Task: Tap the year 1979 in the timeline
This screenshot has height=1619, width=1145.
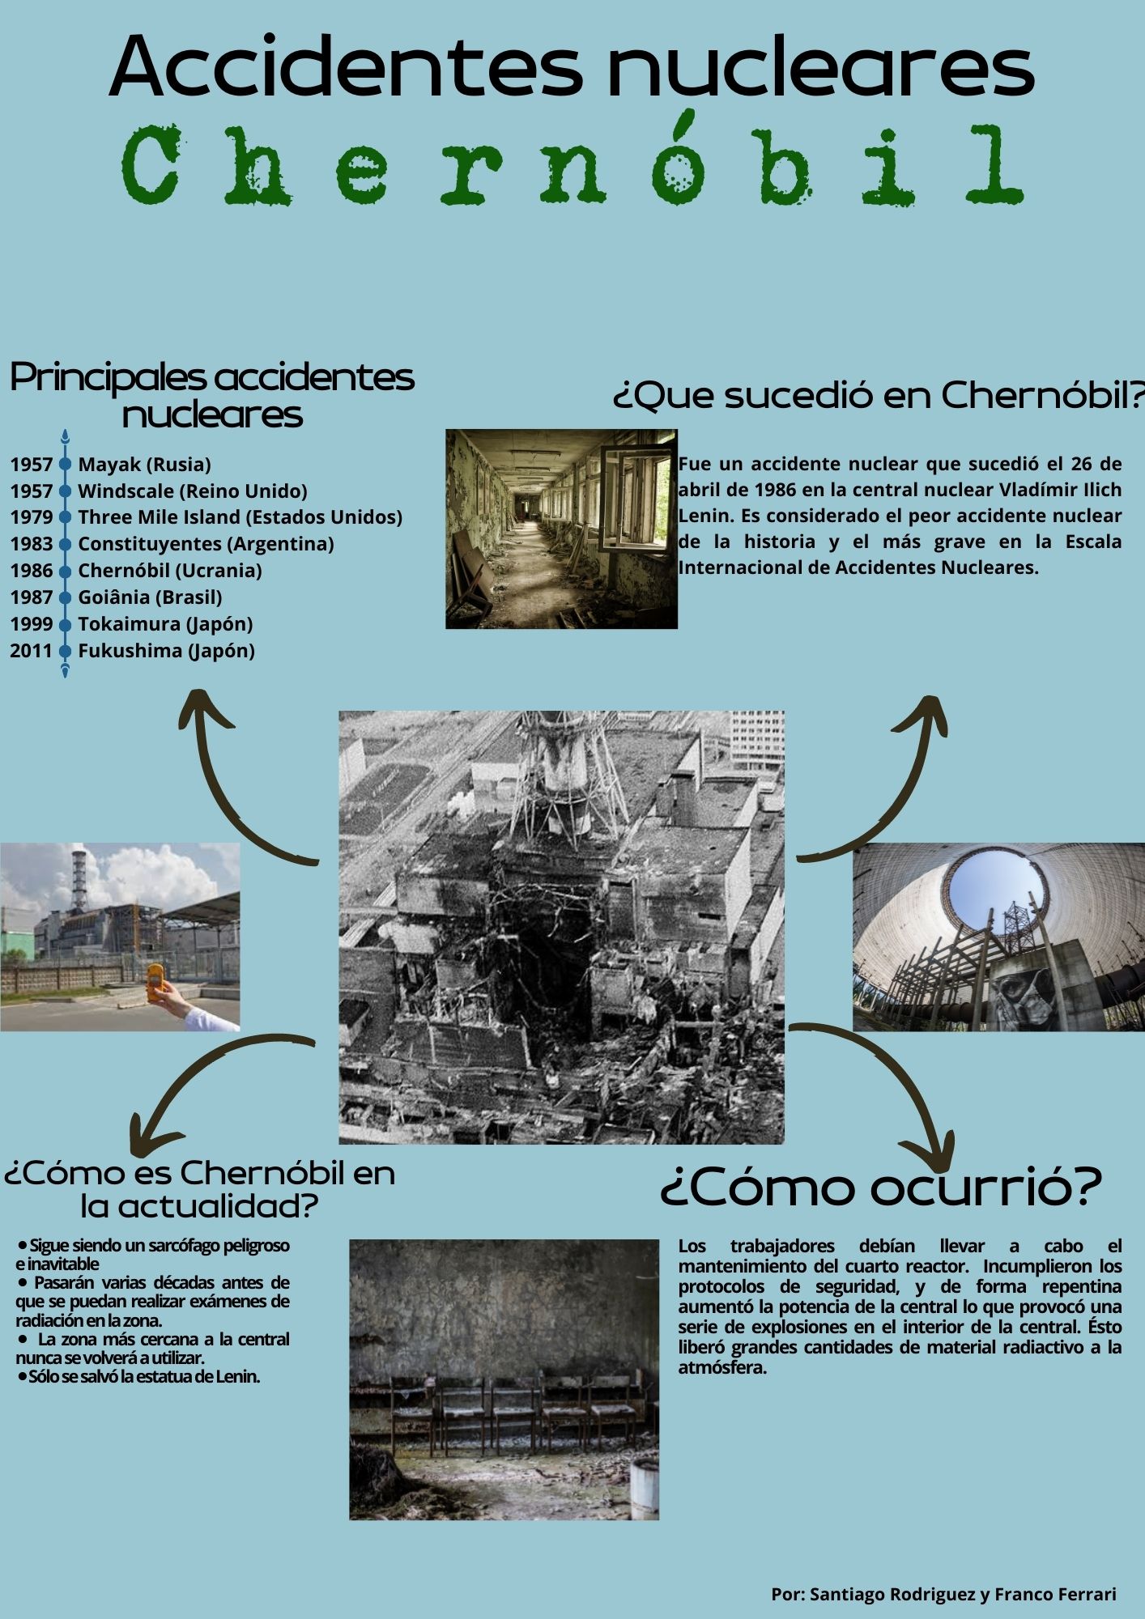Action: [31, 517]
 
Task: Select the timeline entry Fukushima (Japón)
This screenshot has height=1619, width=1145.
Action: [166, 651]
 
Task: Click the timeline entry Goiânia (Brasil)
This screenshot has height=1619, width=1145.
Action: [150, 597]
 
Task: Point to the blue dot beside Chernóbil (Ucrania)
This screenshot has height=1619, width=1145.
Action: [66, 571]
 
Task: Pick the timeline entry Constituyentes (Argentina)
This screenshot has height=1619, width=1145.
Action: [206, 544]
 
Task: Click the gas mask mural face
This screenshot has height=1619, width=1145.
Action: [1022, 992]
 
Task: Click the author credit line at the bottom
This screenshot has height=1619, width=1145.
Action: [943, 1594]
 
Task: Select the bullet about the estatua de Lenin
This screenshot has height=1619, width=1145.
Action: [142, 1377]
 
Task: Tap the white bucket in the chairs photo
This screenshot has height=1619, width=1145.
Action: [644, 1489]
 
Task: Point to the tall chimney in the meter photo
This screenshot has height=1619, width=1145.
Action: [79, 878]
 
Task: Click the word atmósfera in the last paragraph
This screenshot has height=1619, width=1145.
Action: [722, 1367]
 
